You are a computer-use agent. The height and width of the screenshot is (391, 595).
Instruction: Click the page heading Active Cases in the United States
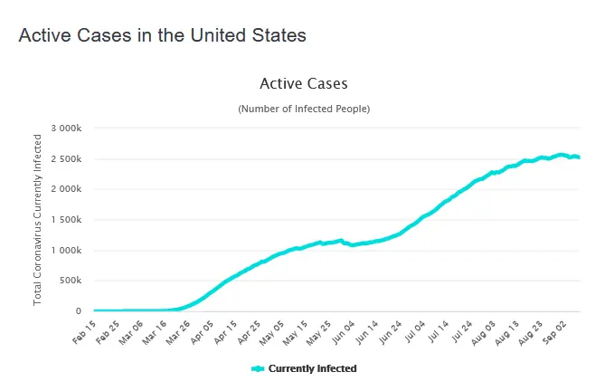(162, 35)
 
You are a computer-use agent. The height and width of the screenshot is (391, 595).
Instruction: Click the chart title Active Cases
(303, 84)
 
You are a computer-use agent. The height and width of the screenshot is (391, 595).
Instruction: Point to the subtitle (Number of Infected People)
(304, 109)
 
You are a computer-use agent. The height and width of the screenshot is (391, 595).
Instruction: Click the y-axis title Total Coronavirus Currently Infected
(38, 219)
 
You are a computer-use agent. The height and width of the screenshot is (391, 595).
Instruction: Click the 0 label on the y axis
(80, 311)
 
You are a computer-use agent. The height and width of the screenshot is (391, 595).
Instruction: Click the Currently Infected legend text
(313, 369)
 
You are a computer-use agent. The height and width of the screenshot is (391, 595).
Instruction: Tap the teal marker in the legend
(258, 369)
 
